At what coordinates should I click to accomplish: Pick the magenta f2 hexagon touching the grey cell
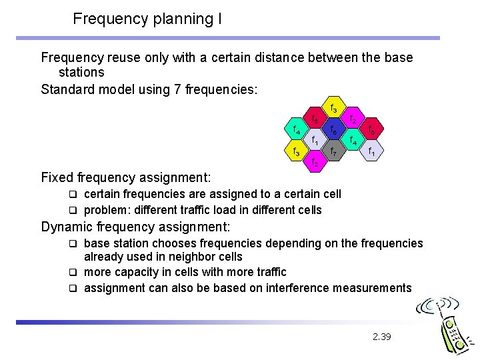pos(314,163)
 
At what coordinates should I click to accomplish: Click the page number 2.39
pos(381,337)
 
